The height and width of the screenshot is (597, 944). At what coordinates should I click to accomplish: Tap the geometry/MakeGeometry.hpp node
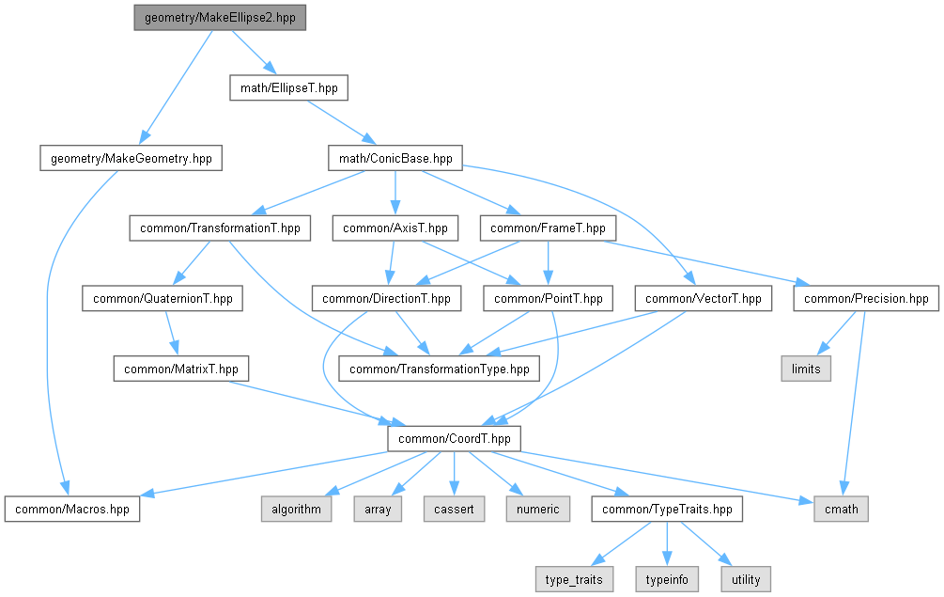point(131,159)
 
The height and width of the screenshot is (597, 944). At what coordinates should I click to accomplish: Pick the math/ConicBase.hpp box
point(395,159)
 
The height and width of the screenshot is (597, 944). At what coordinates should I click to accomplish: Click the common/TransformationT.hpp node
point(220,228)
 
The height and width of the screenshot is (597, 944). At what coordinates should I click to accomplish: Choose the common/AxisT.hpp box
point(395,228)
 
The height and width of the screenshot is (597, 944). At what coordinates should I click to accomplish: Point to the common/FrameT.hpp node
point(548,228)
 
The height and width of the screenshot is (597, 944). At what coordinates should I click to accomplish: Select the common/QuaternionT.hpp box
point(162,299)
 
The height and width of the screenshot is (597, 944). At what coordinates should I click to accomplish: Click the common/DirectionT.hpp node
point(387,299)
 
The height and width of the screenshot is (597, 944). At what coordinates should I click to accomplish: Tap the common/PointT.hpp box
point(549,299)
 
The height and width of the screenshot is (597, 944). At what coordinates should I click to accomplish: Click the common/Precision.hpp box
point(866,299)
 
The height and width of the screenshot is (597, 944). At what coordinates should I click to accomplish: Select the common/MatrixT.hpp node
point(181,369)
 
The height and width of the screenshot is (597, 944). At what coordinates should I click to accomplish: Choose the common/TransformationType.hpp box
point(440,369)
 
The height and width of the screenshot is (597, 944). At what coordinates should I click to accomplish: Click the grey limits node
point(806,369)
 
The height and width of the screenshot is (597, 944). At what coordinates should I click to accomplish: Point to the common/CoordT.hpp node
point(455,438)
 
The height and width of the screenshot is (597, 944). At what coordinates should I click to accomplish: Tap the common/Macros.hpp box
point(72,509)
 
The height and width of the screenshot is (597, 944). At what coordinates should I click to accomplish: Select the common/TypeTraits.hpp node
point(667,509)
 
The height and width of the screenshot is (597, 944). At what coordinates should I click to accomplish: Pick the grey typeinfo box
point(666,578)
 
